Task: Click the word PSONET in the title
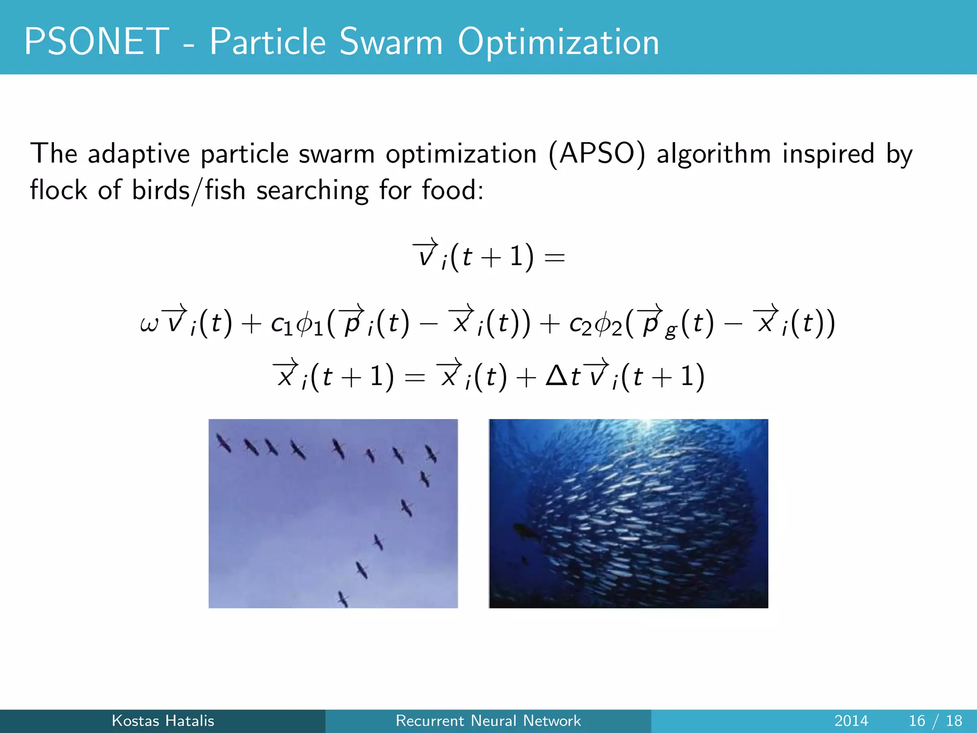point(96,42)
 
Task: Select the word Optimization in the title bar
point(558,43)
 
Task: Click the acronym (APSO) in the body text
point(596,154)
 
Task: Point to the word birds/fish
point(188,190)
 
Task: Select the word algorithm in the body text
point(714,154)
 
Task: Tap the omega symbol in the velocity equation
point(149,325)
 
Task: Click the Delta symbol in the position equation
point(556,377)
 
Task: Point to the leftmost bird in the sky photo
point(223,443)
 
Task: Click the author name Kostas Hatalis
point(163,721)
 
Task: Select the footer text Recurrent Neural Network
point(488,721)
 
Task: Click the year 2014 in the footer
point(851,721)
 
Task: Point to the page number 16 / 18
point(935,721)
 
